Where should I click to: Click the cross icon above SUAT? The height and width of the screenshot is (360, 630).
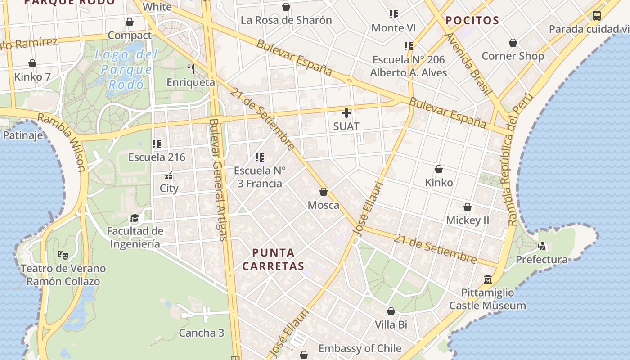coord(346,113)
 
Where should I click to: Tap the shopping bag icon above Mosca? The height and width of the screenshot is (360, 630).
coord(323,192)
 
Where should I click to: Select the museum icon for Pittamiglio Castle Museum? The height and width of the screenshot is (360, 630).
coord(487,279)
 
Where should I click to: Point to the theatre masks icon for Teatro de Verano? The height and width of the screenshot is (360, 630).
coord(63,255)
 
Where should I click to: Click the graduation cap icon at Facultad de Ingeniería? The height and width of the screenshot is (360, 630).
coord(135,219)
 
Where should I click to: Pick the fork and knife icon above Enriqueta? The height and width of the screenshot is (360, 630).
coord(191,69)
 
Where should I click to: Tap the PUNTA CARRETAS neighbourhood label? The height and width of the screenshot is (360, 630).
coord(273,259)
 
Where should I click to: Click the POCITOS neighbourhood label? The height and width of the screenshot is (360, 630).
coord(472,20)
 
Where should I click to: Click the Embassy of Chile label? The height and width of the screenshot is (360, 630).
coord(360,348)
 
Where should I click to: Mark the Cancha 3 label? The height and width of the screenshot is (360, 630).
coord(201,333)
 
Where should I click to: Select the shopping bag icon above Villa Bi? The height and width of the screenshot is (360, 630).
coord(391,311)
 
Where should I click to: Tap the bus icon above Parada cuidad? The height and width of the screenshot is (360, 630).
coord(596,16)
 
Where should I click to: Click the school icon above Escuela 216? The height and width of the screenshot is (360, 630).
coord(157,144)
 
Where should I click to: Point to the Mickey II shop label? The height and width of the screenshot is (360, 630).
coord(468,220)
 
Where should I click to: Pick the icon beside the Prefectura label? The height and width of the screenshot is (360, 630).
coord(542,246)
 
